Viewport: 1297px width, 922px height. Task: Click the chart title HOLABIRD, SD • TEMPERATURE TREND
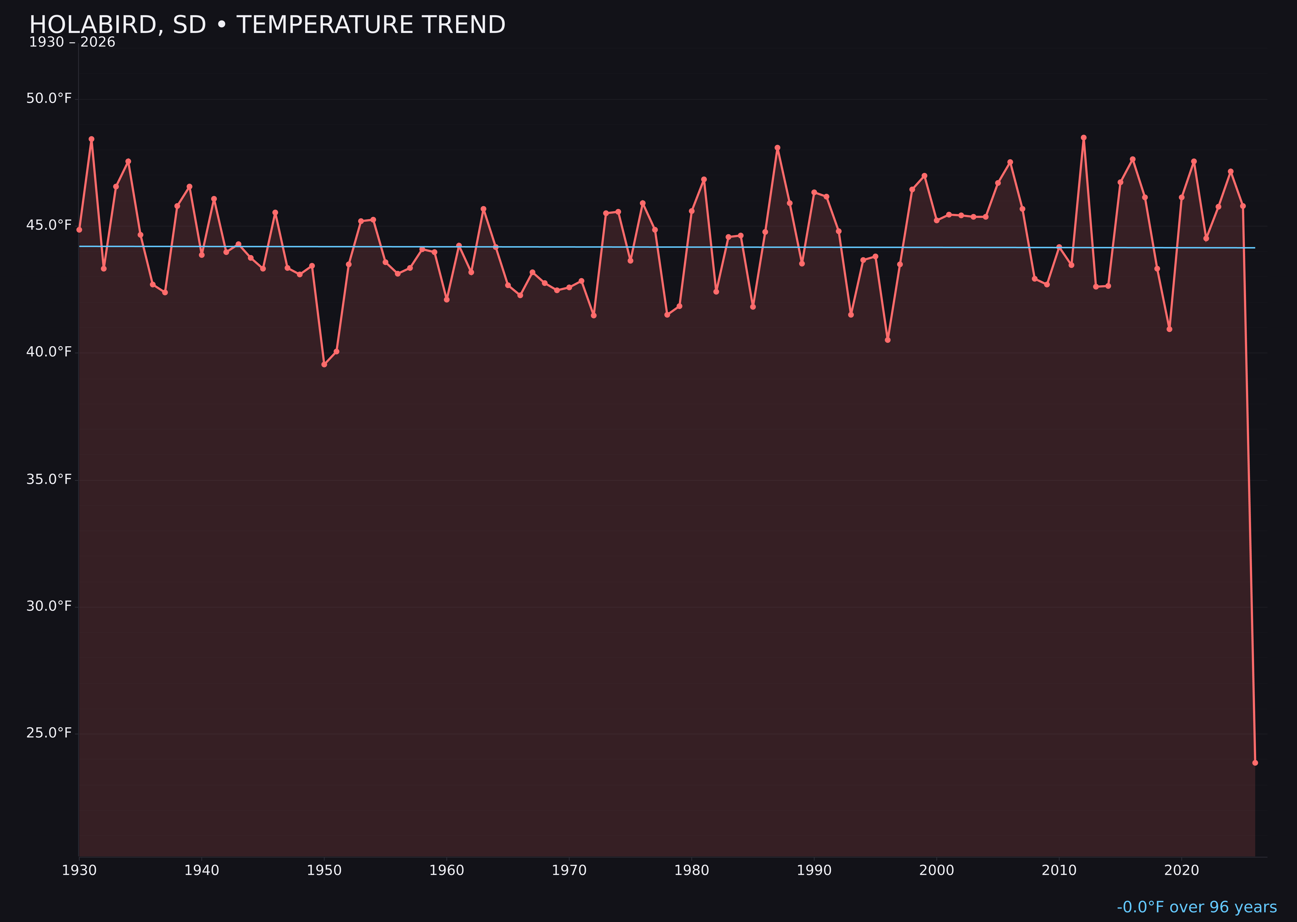pos(267,25)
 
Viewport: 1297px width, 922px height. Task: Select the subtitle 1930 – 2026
pos(72,42)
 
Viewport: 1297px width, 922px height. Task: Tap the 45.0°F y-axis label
pos(49,225)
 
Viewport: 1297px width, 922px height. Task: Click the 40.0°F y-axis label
pos(49,352)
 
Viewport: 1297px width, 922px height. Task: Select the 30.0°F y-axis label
pos(49,606)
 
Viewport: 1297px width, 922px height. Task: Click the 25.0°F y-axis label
pos(49,733)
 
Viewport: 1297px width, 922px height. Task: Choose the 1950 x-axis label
pos(324,870)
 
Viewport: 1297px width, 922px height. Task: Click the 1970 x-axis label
pos(569,870)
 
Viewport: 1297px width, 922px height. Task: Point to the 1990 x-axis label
pos(814,870)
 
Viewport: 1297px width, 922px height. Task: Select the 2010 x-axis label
pos(1059,870)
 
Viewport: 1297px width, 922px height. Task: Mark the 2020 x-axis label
pos(1182,870)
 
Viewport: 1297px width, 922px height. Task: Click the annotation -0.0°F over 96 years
pos(1196,907)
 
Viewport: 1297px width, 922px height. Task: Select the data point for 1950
pos(324,364)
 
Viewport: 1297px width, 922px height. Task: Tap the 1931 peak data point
pos(91,139)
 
